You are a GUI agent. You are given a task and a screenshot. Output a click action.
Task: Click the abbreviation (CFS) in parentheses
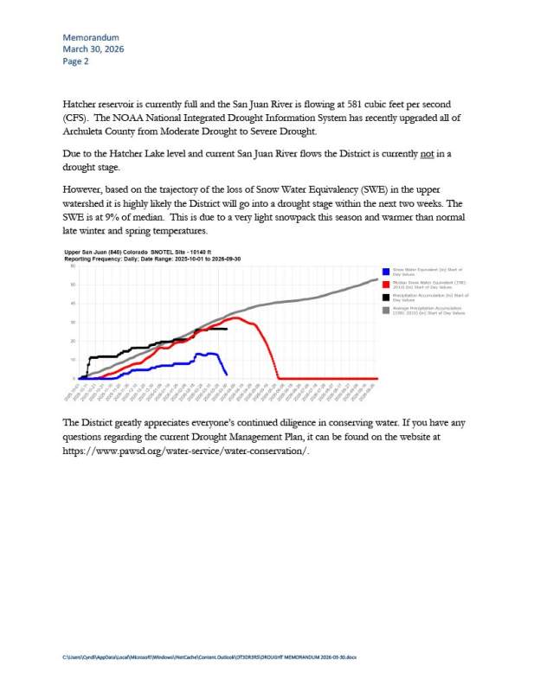pyautogui.click(x=76, y=118)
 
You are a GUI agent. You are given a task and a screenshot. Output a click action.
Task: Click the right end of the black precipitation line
pyautogui.click(x=227, y=329)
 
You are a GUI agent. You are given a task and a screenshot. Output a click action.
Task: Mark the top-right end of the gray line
pyautogui.click(x=376, y=279)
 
